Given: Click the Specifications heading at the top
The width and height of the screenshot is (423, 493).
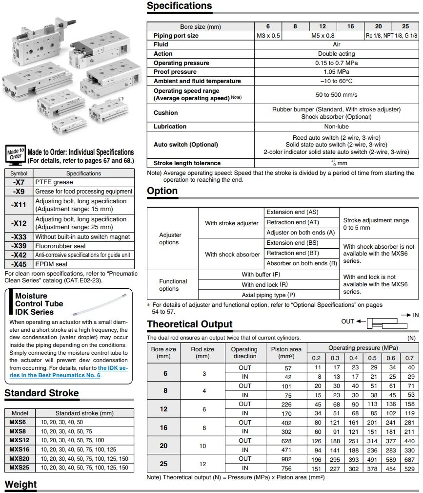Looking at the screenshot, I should pos(179,6).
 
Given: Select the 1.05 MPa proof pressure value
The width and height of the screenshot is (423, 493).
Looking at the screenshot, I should pos(336,72).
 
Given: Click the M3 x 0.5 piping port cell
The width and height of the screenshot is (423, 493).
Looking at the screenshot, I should pos(268,36).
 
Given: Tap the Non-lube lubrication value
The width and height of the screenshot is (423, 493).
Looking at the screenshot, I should pos(336,127).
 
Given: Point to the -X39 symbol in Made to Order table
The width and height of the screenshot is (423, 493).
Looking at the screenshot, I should pos(19,246).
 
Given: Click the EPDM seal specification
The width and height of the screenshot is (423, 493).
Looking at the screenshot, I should pos(51,264).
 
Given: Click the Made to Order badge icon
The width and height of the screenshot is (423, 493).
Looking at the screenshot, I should pos(15,154).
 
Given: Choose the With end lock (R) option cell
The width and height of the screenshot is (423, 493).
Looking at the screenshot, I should pos(264,284).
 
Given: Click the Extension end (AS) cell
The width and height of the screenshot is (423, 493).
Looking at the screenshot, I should pos(292,212).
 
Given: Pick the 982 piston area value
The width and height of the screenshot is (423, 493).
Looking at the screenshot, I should pos(287,459).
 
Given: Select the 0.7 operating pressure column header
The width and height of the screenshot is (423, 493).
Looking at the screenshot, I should pos(409,358).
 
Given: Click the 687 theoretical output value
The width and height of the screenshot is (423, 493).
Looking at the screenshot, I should pos(409,459).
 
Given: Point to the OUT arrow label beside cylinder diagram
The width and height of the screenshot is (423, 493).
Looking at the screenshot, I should pos(347,321).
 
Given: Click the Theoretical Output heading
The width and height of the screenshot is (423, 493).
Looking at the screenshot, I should pos(190,324).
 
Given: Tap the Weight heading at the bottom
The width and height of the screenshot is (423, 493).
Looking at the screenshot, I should pos(20,484).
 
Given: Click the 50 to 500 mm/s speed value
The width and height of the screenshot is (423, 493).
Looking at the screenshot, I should pos(336,94).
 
